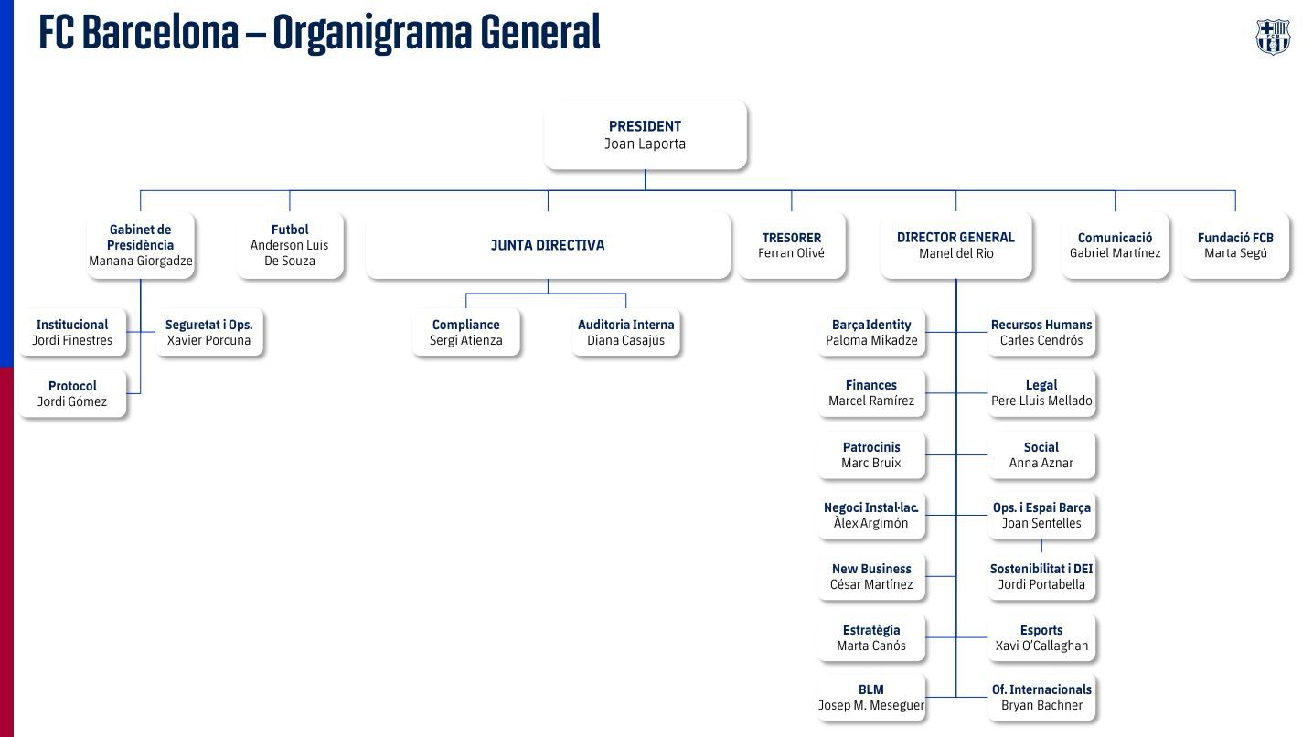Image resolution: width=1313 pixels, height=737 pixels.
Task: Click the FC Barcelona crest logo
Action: pyautogui.click(x=1272, y=37)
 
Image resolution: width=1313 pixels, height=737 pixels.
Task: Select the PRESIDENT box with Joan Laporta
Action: pyautogui.click(x=645, y=135)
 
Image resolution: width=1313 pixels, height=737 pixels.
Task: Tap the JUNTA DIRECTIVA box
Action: pyautogui.click(x=548, y=245)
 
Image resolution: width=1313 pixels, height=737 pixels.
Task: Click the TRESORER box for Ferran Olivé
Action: pyautogui.click(x=791, y=245)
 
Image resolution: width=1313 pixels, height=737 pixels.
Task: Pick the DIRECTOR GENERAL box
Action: pyautogui.click(x=955, y=245)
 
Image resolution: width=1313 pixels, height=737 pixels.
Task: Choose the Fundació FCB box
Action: pyautogui.click(x=1235, y=245)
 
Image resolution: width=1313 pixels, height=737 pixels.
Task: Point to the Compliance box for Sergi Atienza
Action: pyautogui.click(x=465, y=333)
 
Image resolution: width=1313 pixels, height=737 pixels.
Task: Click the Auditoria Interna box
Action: pyautogui.click(x=626, y=333)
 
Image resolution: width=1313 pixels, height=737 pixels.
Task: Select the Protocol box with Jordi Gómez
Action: pyautogui.click(x=72, y=394)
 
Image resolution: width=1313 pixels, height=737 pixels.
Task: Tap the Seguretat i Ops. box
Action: pyautogui.click(x=208, y=333)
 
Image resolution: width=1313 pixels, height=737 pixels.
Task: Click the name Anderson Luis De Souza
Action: pyautogui.click(x=289, y=253)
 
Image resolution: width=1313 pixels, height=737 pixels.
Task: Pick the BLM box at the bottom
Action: pyautogui.click(x=871, y=698)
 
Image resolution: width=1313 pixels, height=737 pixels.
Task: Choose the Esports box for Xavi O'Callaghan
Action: pyautogui.click(x=1041, y=638)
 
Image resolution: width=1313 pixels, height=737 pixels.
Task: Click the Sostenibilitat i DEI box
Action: pyautogui.click(x=1041, y=577)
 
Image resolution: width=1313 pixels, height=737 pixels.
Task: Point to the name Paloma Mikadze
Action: pyautogui.click(x=871, y=341)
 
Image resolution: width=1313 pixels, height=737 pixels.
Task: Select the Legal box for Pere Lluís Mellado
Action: pyautogui.click(x=1041, y=393)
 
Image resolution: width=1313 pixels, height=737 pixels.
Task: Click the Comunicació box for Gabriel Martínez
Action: pyautogui.click(x=1115, y=245)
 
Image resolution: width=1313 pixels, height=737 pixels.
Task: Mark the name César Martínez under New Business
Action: pyautogui.click(x=871, y=585)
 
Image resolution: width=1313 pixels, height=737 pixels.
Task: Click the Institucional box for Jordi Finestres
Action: pyautogui.click(x=72, y=333)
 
